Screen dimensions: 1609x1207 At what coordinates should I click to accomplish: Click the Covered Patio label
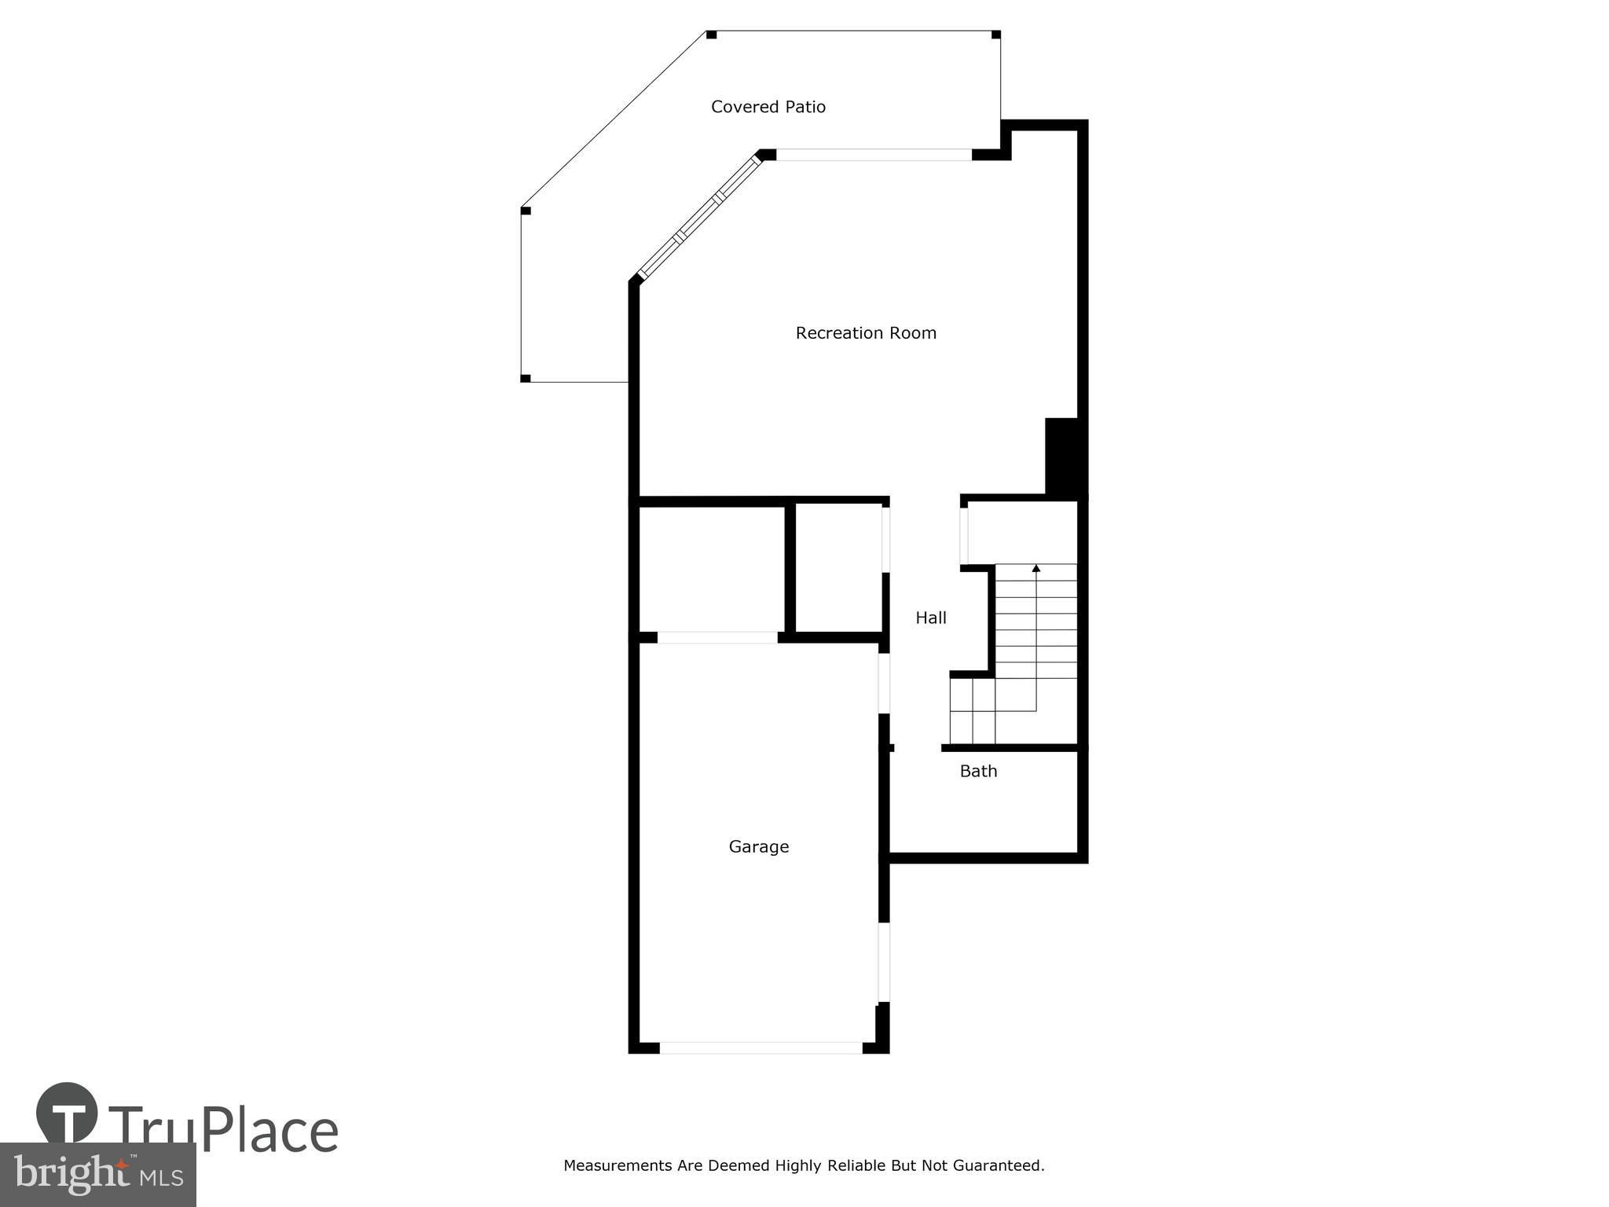pos(768,107)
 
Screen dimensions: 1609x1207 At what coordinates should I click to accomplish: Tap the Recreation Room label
pos(866,333)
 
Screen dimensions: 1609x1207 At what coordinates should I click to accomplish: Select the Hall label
pos(931,618)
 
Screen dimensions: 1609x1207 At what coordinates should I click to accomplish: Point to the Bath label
pos(978,772)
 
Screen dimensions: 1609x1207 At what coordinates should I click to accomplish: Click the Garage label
pos(759,847)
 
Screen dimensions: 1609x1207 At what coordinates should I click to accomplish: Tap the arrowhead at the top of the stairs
pos(1036,567)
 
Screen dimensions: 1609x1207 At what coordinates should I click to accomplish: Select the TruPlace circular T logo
pos(68,1113)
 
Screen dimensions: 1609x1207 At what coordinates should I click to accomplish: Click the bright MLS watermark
pos(97,1175)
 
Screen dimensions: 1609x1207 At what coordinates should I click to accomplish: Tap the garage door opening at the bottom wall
pos(761,1047)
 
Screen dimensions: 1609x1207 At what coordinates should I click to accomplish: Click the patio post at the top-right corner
pos(995,35)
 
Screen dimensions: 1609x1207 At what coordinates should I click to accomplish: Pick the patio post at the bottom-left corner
pos(526,379)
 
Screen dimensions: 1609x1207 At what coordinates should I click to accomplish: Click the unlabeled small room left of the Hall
pos(839,567)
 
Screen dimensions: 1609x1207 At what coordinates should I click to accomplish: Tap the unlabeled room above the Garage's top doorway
pos(712,569)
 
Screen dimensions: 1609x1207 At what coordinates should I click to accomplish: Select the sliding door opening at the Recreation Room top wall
pos(874,155)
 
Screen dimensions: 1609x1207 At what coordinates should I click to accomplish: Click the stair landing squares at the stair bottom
pos(973,711)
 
